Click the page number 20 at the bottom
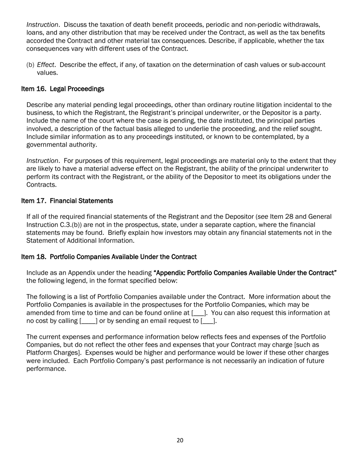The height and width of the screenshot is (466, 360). (x=180, y=440)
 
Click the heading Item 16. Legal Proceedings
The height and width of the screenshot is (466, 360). (x=63, y=89)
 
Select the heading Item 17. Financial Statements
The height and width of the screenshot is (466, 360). (x=67, y=200)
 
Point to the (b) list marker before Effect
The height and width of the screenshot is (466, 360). (x=30, y=65)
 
